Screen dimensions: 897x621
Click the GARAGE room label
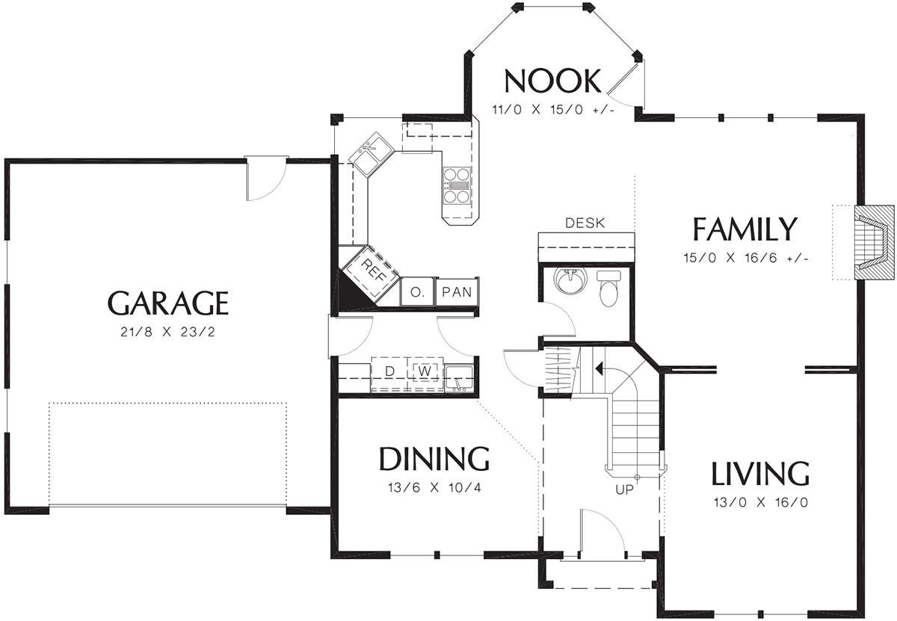tap(168, 303)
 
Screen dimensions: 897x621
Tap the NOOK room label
tap(552, 81)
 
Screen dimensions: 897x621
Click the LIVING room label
tap(760, 474)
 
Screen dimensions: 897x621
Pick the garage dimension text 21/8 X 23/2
tap(167, 332)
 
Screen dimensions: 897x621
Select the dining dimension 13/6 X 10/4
tap(434, 488)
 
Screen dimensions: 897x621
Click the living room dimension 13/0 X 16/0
tap(761, 502)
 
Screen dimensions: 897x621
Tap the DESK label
tap(585, 223)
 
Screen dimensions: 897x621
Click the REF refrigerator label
tap(373, 271)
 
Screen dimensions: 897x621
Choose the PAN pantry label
tap(457, 292)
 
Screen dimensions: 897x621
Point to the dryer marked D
tap(389, 371)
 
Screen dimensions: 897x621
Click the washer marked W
tap(425, 371)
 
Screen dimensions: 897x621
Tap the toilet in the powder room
tap(609, 288)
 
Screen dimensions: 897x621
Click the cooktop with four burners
tap(457, 186)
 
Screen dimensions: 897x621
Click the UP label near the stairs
tap(625, 489)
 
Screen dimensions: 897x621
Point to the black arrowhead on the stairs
tap(599, 368)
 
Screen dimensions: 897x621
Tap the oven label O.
tap(417, 292)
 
